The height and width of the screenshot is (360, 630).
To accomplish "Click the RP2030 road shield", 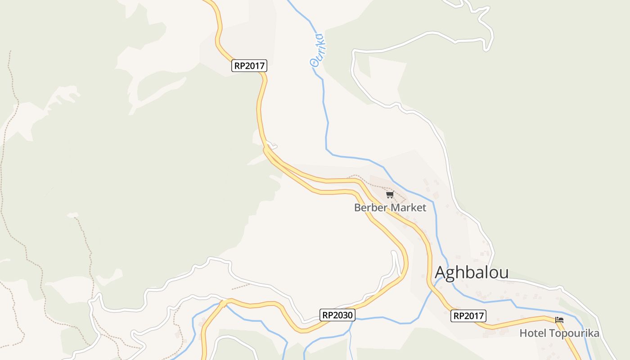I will tap(338, 315).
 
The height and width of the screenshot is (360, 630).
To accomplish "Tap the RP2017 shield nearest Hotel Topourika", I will tap(469, 316).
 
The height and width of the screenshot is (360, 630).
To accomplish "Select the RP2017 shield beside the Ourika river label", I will tap(250, 66).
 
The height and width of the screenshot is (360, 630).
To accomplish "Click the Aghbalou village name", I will tap(472, 273).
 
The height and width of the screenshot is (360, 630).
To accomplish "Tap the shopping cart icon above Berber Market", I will tap(390, 195).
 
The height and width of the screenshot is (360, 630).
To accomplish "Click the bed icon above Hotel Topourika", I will tap(559, 320).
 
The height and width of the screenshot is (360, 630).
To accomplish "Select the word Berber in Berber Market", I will tap(371, 208).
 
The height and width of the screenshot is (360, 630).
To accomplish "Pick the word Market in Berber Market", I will tap(409, 208).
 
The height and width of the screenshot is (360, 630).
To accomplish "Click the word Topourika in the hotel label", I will tap(572, 333).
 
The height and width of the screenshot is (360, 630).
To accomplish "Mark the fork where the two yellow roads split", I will tap(266, 151).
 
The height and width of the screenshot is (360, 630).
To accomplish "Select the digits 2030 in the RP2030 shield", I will tap(343, 315).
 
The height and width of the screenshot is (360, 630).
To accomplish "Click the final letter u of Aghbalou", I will tap(504, 274).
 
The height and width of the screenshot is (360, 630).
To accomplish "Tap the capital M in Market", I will tap(394, 208).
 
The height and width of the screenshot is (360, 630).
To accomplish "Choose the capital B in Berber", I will tap(357, 208).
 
